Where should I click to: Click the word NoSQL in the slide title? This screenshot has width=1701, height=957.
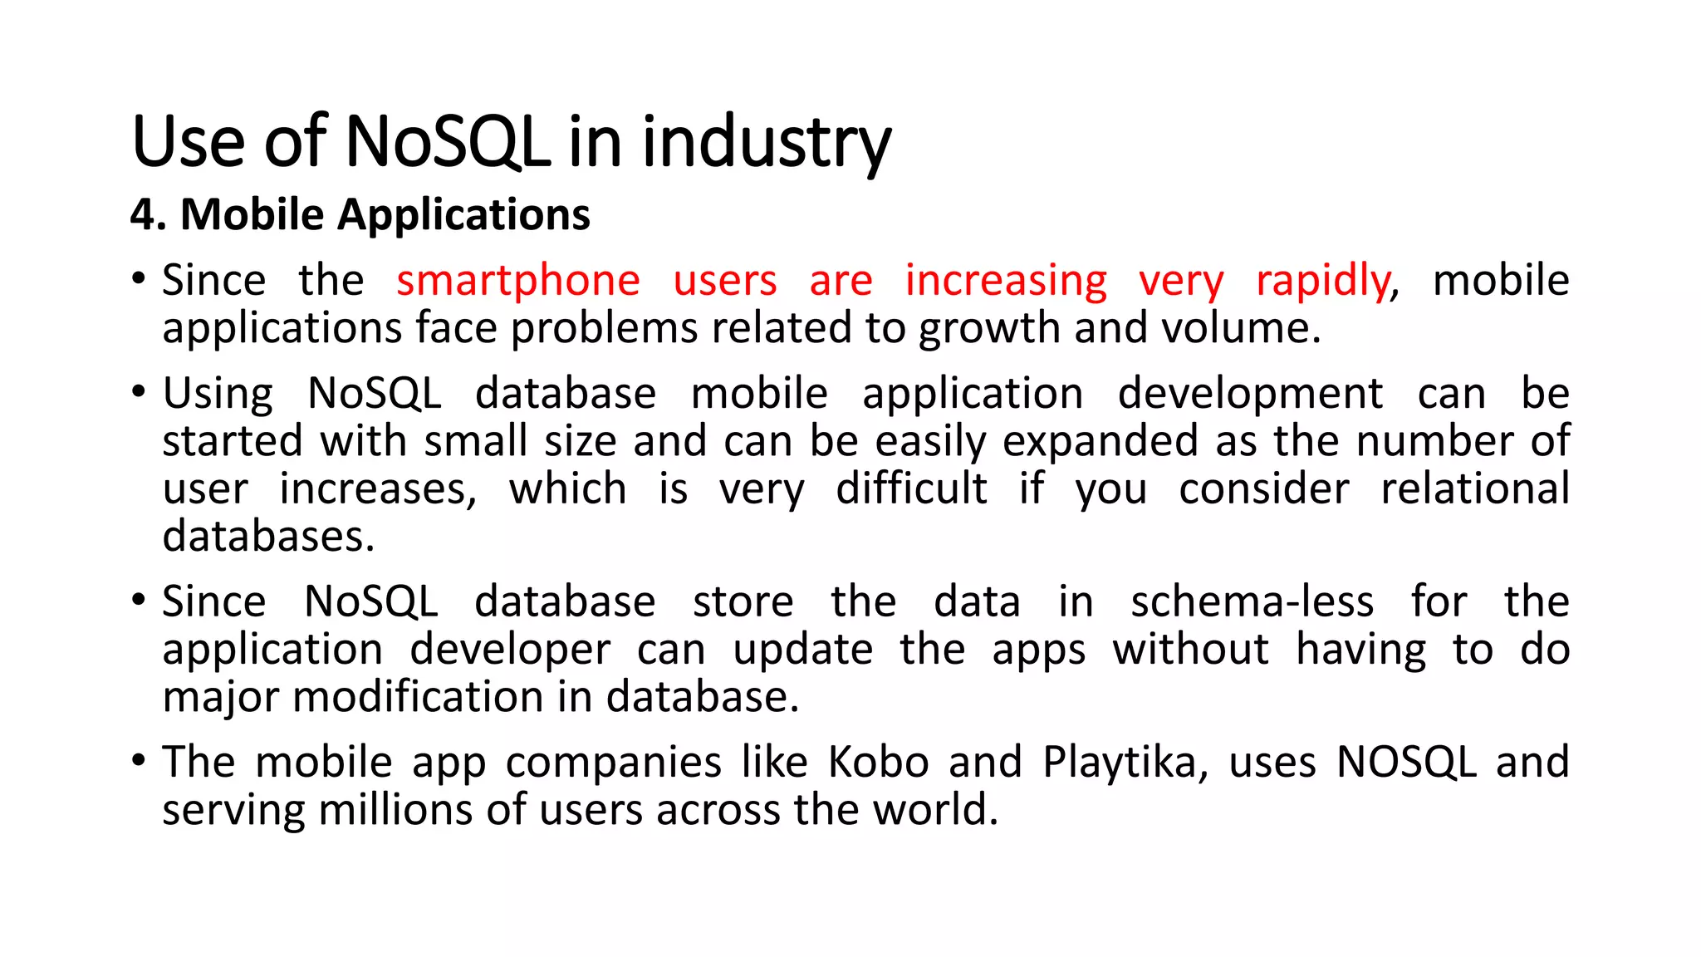447,142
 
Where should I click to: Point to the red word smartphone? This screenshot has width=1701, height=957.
517,281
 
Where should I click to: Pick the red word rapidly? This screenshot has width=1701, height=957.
1322,281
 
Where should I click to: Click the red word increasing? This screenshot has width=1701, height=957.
1005,281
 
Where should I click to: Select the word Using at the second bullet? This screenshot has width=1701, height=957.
218,394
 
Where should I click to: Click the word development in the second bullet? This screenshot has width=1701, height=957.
1250,394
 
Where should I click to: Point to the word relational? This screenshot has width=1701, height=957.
1474,488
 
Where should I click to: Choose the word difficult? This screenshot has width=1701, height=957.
911,488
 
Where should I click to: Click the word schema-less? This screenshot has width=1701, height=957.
1252,601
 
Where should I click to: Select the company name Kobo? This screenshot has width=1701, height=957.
878,762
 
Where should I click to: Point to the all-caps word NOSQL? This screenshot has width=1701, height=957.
1406,762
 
